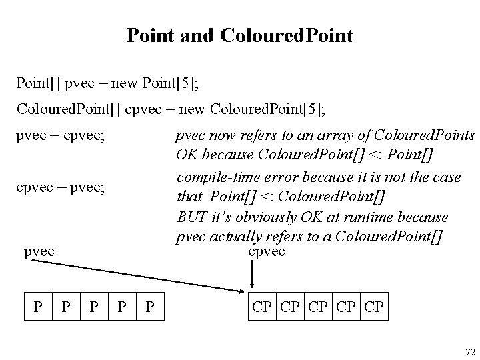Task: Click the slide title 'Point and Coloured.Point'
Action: tap(239, 35)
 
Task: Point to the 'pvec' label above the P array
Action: tap(39, 253)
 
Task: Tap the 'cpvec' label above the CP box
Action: tap(267, 251)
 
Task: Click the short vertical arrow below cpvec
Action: tap(252, 273)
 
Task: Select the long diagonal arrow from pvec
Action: tap(140, 276)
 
